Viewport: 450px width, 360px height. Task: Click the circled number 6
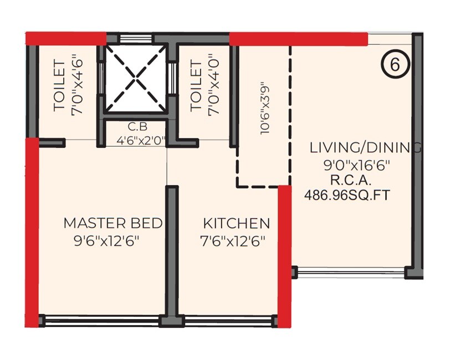[x=395, y=64]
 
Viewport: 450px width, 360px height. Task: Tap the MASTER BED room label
[x=113, y=223]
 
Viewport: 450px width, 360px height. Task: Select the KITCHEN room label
[x=237, y=224]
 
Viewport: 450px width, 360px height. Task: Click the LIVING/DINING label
[x=365, y=148]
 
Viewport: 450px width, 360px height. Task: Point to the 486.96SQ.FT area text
[x=347, y=195]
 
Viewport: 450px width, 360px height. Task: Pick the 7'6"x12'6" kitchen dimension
[x=233, y=241]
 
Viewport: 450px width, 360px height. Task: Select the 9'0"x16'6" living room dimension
[x=357, y=164]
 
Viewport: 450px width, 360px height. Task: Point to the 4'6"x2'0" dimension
[x=141, y=140]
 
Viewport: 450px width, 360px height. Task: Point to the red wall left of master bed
[x=32, y=233]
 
